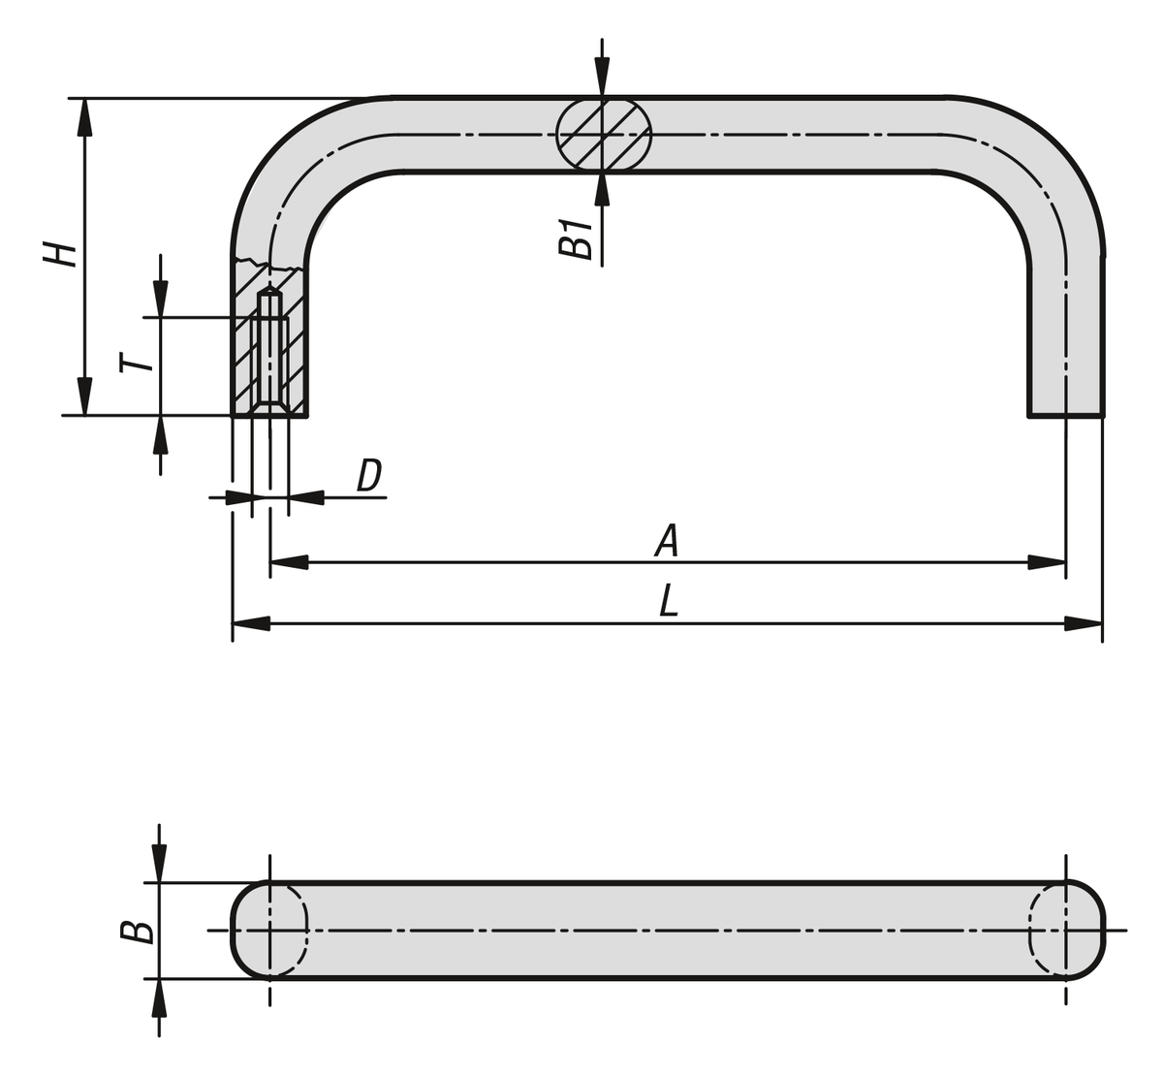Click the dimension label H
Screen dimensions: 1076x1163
coord(60,254)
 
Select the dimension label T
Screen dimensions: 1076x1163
coord(137,363)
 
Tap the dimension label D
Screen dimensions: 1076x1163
coord(369,476)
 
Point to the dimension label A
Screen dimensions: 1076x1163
coord(667,541)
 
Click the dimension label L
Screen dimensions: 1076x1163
coord(669,602)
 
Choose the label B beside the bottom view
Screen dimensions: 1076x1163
coord(137,932)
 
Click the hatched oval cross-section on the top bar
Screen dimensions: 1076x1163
coord(602,135)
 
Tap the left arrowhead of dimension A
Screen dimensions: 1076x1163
coord(289,561)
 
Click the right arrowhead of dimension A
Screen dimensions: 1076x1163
coord(1047,561)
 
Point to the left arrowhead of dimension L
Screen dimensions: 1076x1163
coord(251,623)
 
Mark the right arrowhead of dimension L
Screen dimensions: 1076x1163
coord(1084,623)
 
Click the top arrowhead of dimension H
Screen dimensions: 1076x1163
coord(85,116)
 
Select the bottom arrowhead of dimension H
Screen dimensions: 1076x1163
coord(85,396)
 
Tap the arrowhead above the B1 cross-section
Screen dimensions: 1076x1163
coord(602,77)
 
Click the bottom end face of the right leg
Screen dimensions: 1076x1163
coord(1065,416)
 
